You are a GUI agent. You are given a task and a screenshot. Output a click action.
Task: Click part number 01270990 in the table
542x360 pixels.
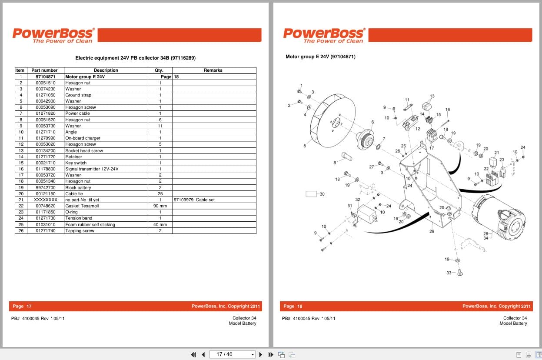pos(46,138)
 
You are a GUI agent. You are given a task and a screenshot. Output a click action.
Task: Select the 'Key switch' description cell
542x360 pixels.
pos(76,163)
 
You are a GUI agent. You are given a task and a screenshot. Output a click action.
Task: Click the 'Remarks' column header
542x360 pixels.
pos(213,70)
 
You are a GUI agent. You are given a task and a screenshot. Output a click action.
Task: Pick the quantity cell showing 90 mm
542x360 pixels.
pos(160,206)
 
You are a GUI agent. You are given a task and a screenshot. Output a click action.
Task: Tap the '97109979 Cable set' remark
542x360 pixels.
pos(194,200)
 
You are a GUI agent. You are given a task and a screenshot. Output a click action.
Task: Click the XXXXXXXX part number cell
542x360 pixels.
pos(46,200)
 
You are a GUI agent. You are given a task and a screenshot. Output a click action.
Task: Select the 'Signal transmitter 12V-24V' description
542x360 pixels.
pos(92,169)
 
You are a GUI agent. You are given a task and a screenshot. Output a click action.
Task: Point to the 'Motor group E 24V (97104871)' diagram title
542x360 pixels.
pos(320,57)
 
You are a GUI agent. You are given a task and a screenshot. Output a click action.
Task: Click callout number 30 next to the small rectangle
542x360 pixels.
pos(322,194)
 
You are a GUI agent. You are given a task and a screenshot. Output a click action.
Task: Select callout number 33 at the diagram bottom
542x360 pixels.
pos(449,273)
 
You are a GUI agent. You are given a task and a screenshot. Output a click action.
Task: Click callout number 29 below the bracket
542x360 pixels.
pos(432,231)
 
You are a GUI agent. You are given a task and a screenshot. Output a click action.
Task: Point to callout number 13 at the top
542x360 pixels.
pos(432,96)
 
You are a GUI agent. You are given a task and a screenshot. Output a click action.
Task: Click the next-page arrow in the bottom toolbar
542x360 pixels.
pos(260,354)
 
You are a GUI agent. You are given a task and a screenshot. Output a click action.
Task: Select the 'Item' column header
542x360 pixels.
pos(20,70)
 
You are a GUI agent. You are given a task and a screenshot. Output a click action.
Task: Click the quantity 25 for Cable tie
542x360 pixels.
pos(160,194)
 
